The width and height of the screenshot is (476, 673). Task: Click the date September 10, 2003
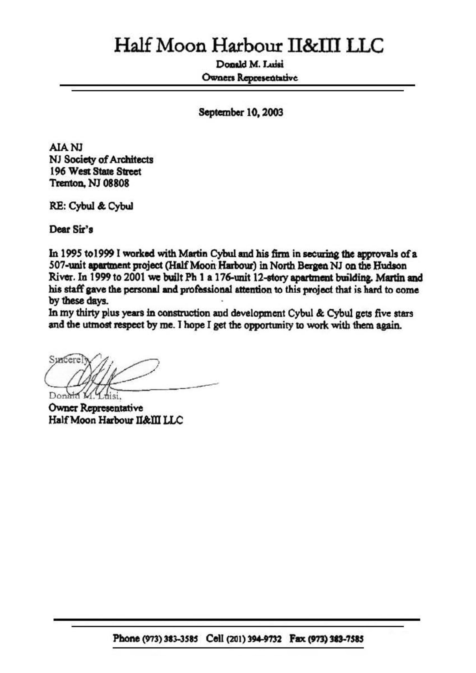(241, 112)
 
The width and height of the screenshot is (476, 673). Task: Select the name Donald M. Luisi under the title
(250, 64)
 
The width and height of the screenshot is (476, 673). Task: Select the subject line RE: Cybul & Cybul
(91, 206)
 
